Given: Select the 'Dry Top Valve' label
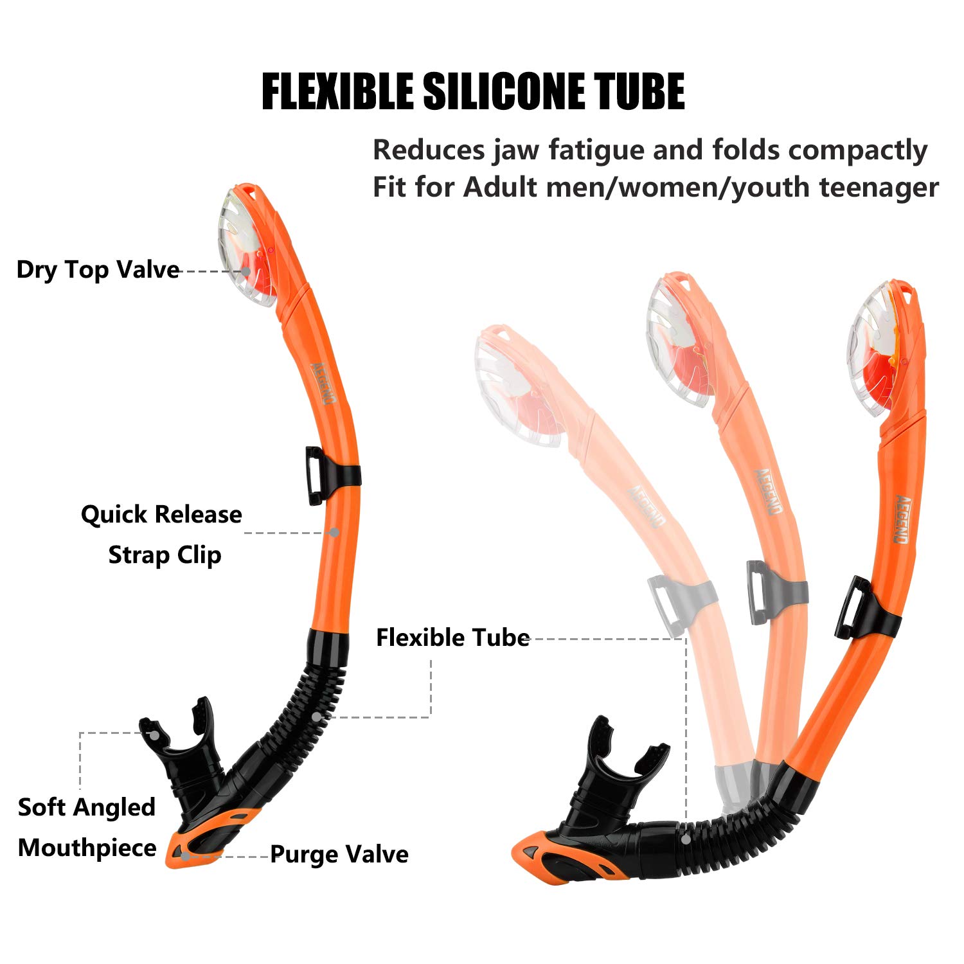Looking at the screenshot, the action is click(x=98, y=270).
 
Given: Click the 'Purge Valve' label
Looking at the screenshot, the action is click(x=339, y=854).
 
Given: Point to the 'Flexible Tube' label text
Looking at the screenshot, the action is click(x=452, y=638).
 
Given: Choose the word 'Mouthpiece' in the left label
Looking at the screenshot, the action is click(x=87, y=848).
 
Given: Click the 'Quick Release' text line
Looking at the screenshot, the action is click(x=161, y=514).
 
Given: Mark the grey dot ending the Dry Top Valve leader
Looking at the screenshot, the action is click(x=246, y=272).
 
